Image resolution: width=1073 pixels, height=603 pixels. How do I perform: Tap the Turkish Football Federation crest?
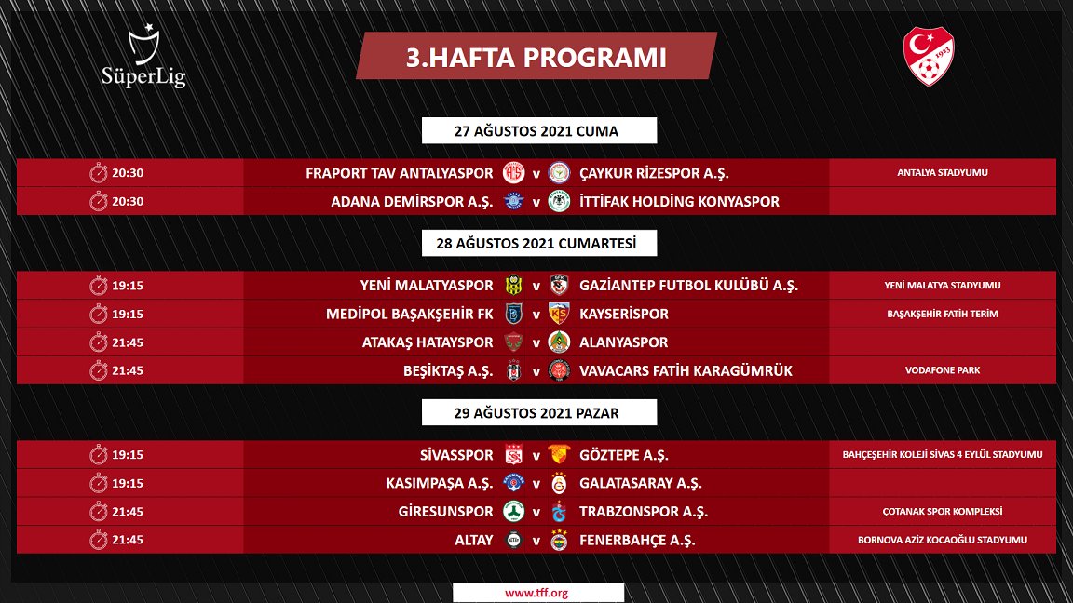tap(929, 57)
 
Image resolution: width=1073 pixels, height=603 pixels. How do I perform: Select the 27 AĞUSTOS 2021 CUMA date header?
tap(536, 131)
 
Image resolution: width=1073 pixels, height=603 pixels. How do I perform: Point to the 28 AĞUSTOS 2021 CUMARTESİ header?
tap(536, 244)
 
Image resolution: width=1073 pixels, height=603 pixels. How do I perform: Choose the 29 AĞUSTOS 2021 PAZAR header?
tap(536, 412)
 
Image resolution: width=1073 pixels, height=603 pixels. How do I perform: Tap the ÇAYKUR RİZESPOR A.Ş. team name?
tap(654, 173)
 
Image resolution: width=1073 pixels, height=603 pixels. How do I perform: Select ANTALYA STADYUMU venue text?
tap(942, 173)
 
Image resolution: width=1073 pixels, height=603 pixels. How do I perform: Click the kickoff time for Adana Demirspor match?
tap(128, 201)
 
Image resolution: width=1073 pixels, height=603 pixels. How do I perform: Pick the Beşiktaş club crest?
tap(511, 370)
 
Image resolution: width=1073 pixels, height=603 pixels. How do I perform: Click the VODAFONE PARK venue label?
tap(942, 370)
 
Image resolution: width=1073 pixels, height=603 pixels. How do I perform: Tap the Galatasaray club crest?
tap(559, 483)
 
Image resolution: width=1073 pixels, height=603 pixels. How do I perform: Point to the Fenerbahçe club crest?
tap(559, 540)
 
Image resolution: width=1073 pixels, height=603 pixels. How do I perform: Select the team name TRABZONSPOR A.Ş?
tap(644, 512)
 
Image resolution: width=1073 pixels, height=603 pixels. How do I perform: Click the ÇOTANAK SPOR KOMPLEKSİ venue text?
tap(942, 512)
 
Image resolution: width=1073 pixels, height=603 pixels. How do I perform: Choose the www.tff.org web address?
tap(536, 593)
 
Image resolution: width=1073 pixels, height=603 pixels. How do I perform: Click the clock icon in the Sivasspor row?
tap(99, 455)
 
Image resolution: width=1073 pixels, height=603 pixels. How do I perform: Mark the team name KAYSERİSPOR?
tap(624, 314)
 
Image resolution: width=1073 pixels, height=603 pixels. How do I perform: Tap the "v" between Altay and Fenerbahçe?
tap(536, 540)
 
